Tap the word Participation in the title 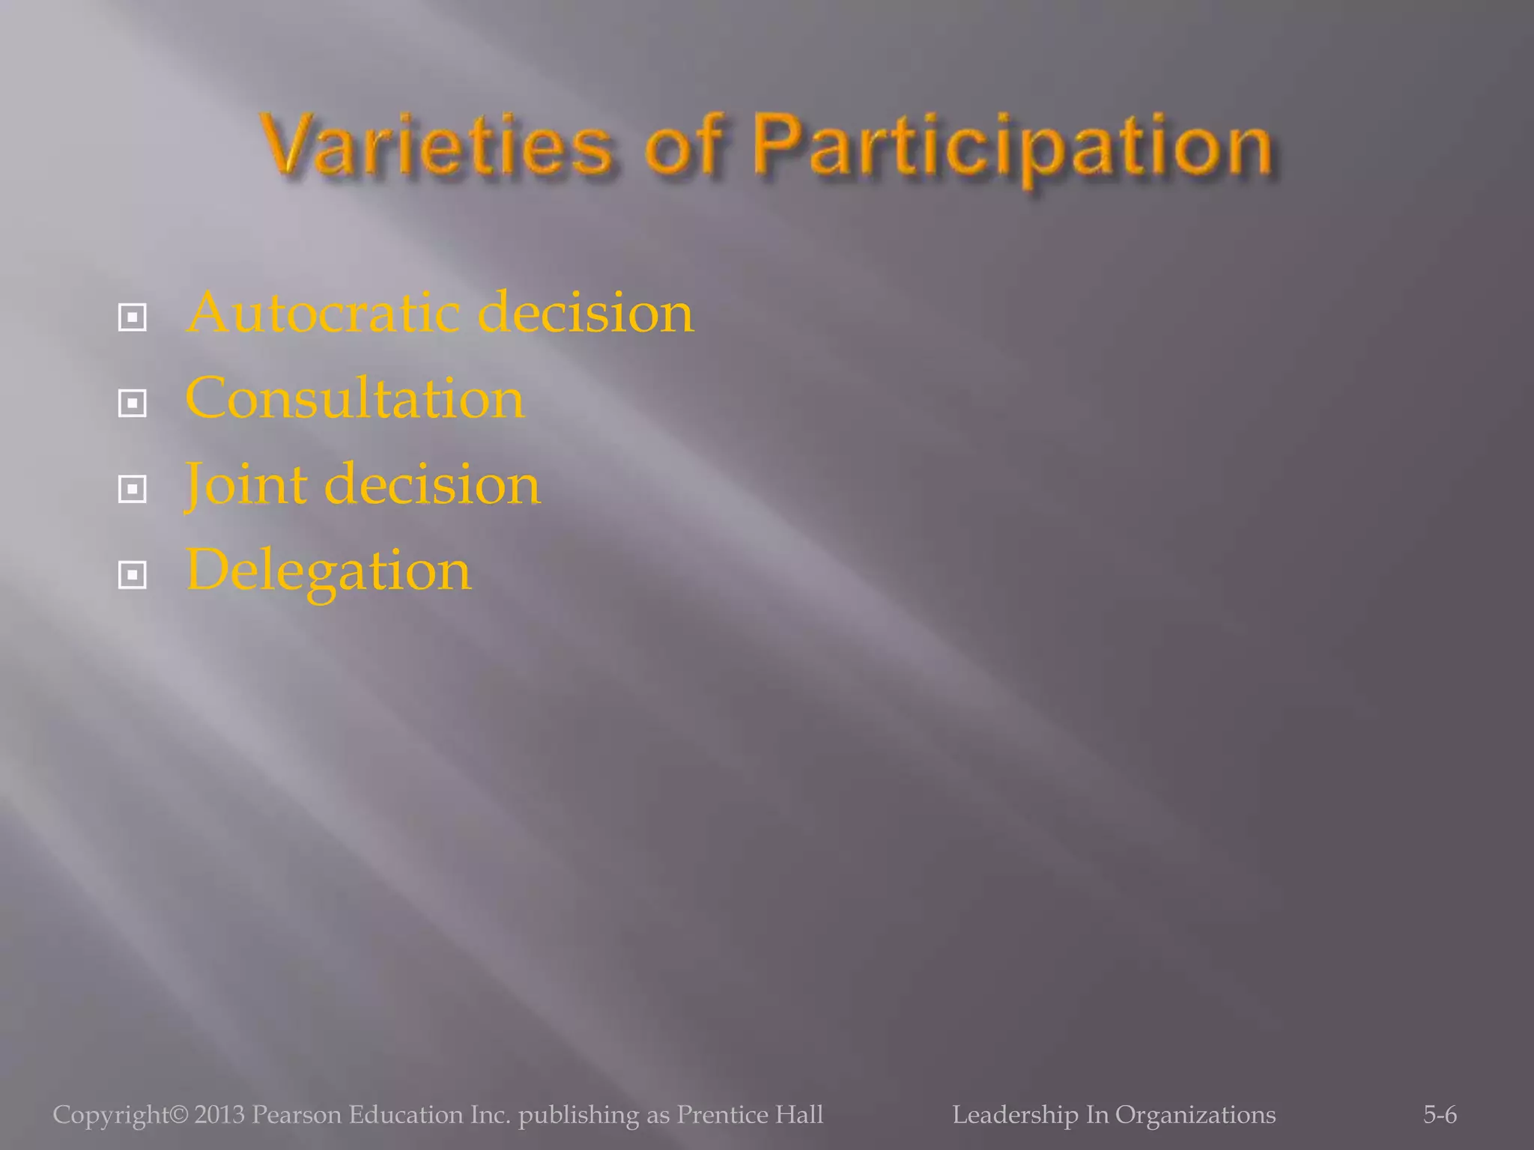point(1013,147)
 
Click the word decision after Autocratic point(585,313)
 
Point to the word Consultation point(354,398)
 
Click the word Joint point(246,485)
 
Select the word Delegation point(328,572)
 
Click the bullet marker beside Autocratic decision point(133,318)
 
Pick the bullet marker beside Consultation point(133,404)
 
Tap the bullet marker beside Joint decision point(133,490)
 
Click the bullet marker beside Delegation point(133,576)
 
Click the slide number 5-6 point(1440,1115)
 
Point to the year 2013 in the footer point(219,1115)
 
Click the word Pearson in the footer point(297,1115)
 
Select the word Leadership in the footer point(1015,1116)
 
